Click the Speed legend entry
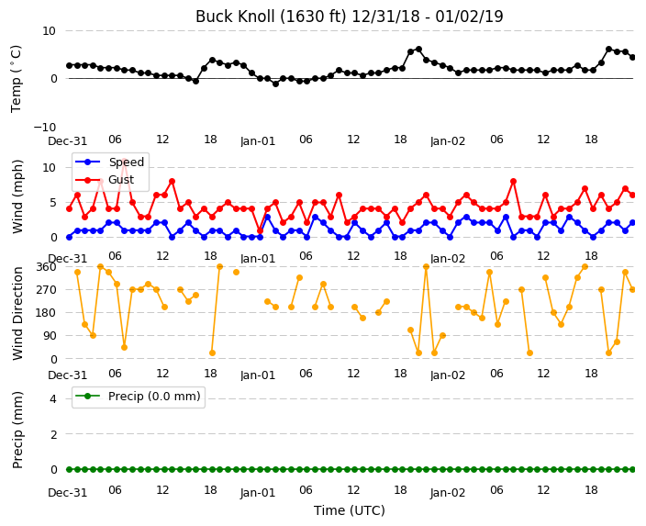(109, 162)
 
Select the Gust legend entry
(105, 180)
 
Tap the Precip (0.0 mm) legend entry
(139, 397)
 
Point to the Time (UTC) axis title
(350, 510)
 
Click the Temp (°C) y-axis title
(16, 78)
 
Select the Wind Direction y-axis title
(17, 313)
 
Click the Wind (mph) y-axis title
(17, 196)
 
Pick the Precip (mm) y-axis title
(17, 430)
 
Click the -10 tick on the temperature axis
(45, 127)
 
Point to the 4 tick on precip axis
(53, 398)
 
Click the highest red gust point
(125, 161)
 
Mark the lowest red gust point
(260, 230)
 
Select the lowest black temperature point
(275, 84)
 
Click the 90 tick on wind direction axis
(49, 336)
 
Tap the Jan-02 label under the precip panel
(448, 493)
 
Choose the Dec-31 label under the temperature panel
(68, 141)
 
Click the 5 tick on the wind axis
(53, 202)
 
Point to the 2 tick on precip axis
(53, 434)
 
